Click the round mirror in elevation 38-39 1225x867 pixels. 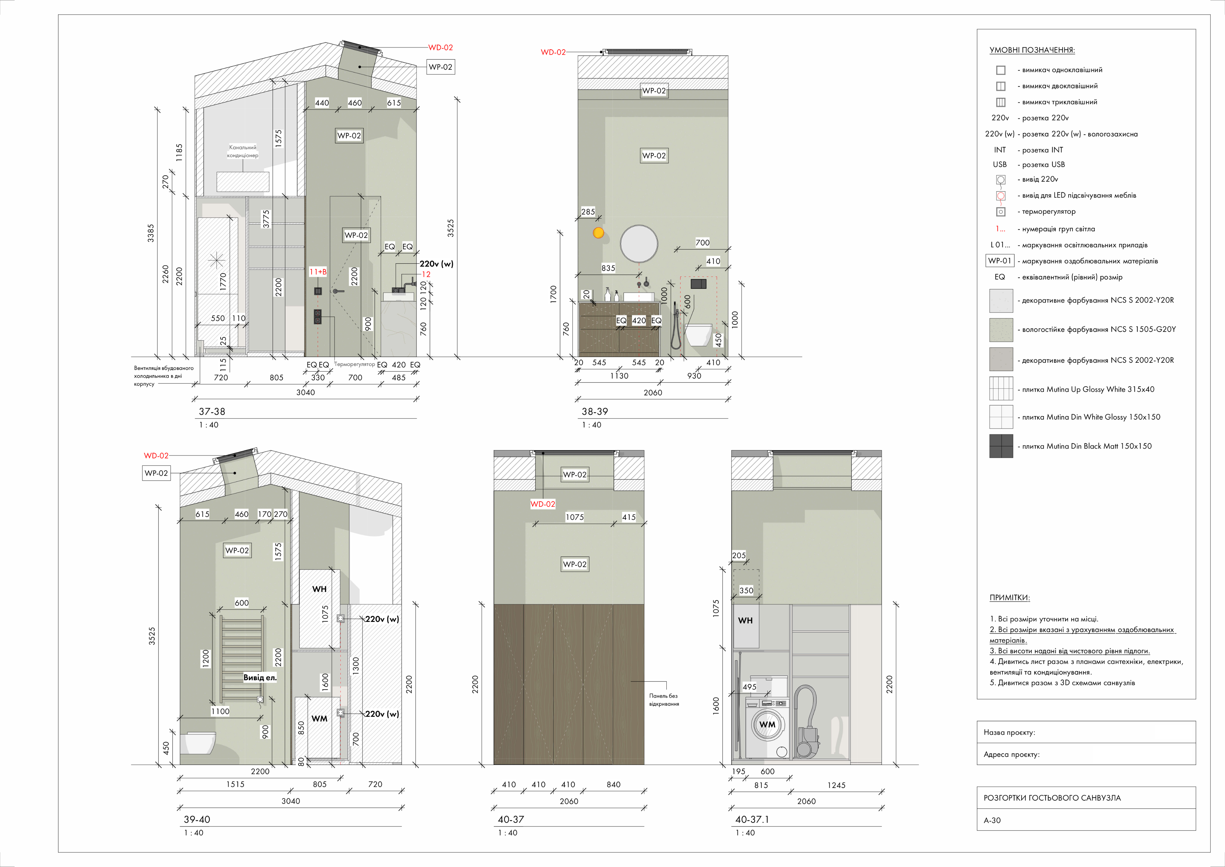pyautogui.click(x=639, y=243)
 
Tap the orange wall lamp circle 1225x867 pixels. pyautogui.click(x=599, y=233)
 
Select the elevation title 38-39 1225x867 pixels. pyautogui.click(x=594, y=412)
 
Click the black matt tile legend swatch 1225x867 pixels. pyautogui.click(x=1001, y=446)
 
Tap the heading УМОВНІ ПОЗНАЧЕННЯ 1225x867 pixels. pyautogui.click(x=1032, y=50)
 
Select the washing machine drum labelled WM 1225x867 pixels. pyautogui.click(x=767, y=725)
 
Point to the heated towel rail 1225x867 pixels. pyautogui.click(x=242, y=658)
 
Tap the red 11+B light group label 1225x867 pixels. pyautogui.click(x=318, y=272)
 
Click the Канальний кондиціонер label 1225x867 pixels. pyautogui.click(x=243, y=151)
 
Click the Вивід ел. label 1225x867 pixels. pyautogui.click(x=260, y=678)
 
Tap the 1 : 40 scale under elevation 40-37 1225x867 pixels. pyautogui.click(x=508, y=833)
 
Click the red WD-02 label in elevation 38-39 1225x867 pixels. pyautogui.click(x=553, y=52)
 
